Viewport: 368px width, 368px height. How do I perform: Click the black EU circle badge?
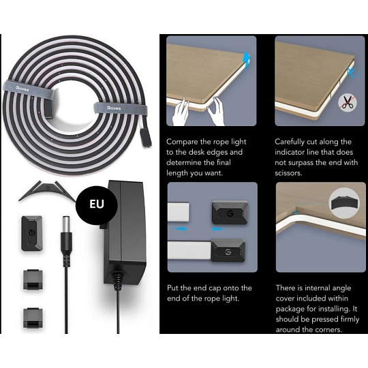97,204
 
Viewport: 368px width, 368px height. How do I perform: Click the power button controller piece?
31,234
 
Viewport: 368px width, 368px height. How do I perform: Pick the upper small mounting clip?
33,280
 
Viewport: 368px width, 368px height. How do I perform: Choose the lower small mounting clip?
33,318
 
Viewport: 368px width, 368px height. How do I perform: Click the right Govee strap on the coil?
121,108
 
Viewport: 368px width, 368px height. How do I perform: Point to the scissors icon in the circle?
348,103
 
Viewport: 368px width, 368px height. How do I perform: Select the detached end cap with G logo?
230,213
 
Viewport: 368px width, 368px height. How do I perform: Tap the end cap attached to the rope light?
228,250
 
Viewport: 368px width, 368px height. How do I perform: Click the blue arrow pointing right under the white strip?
181,228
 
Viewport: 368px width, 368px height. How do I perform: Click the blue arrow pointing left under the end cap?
219,228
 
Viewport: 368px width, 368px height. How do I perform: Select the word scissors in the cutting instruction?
288,173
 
